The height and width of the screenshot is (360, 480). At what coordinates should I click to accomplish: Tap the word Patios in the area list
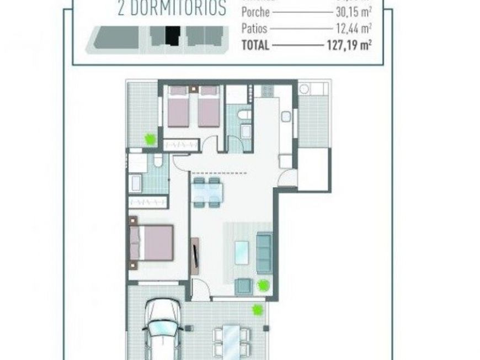[254, 28]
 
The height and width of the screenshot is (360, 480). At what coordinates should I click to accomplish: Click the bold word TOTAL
[255, 46]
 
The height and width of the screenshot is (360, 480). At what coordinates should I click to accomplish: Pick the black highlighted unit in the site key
[173, 37]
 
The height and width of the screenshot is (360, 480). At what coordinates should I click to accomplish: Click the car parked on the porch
[163, 329]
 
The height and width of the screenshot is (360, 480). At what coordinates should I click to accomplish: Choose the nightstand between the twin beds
[193, 89]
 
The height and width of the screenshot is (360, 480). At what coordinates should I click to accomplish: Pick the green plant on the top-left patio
[150, 140]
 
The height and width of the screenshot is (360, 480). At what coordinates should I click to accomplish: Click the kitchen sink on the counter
[285, 117]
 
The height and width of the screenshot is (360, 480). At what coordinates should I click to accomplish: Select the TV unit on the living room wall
[194, 256]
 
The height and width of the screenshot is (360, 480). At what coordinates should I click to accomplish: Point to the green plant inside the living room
[263, 285]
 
